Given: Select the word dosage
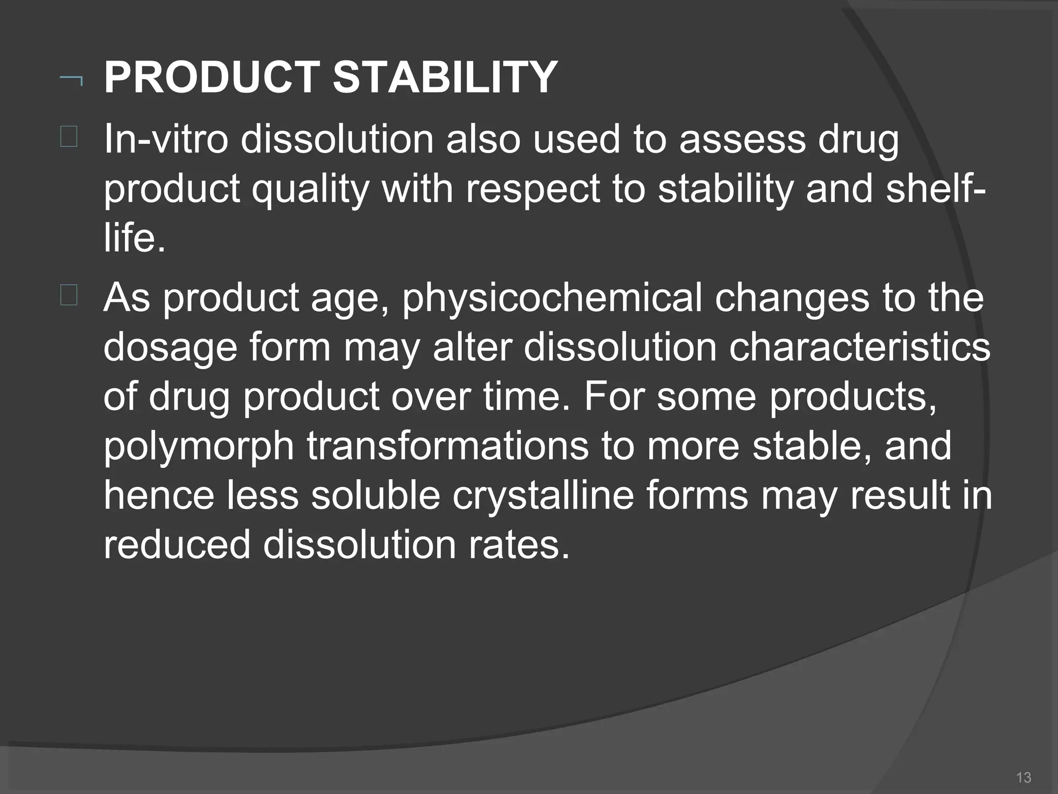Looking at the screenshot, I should tap(170, 349).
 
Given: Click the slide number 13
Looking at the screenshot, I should tap(1023, 777).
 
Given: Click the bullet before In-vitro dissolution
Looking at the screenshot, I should tap(69, 138).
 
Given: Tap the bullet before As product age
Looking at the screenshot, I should tap(69, 297).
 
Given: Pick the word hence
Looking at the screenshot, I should tap(159, 495).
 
